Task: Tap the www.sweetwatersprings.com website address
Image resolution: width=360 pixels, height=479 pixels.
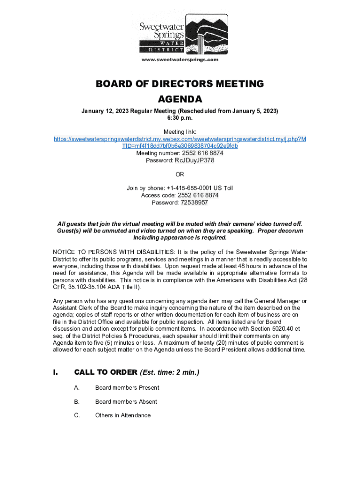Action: pos(180,59)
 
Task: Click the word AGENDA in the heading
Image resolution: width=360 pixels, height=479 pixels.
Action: pos(180,99)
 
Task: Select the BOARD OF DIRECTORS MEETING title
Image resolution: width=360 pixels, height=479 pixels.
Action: pos(180,84)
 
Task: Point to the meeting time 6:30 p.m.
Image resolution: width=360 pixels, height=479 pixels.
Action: pos(180,118)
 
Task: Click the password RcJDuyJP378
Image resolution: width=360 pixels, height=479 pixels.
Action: pos(194,160)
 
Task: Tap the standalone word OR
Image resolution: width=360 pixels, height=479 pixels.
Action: pos(180,174)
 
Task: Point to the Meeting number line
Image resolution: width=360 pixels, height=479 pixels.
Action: pos(180,153)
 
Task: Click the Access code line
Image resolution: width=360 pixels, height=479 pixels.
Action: pos(180,195)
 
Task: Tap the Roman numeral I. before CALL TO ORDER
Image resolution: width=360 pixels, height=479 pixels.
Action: pos(55,372)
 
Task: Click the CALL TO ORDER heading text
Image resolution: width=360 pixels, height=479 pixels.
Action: pos(105,372)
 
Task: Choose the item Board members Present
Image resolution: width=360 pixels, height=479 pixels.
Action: pos(127,387)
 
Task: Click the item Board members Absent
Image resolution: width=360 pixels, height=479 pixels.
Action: pos(126,401)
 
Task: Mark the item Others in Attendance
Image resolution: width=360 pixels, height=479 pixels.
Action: pos(122,415)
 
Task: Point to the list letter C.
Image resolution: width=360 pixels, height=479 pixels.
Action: pos(77,415)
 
